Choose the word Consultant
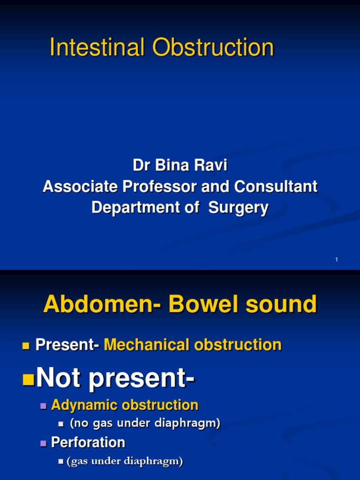pyautogui.click(x=276, y=187)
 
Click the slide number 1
pyautogui.click(x=337, y=260)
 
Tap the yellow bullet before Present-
pyautogui.click(x=26, y=346)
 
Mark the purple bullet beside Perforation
pyautogui.click(x=44, y=443)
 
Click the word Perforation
pyautogui.click(x=88, y=442)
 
